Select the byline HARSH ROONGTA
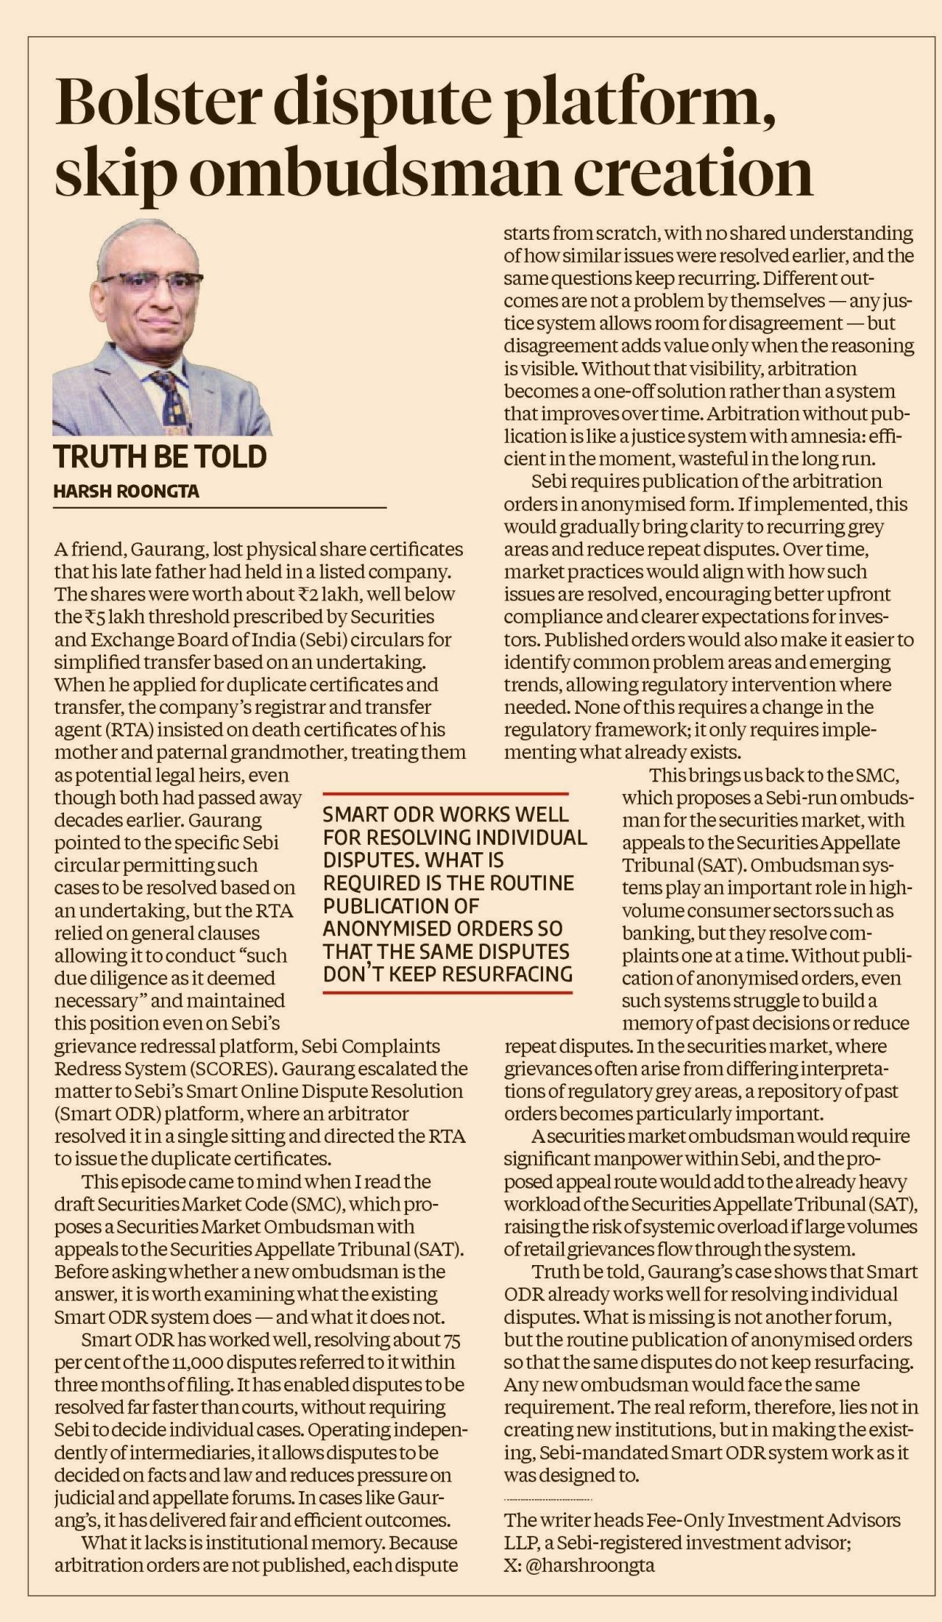coord(126,492)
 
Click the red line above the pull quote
coord(446,794)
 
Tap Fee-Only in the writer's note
coord(689,1520)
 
